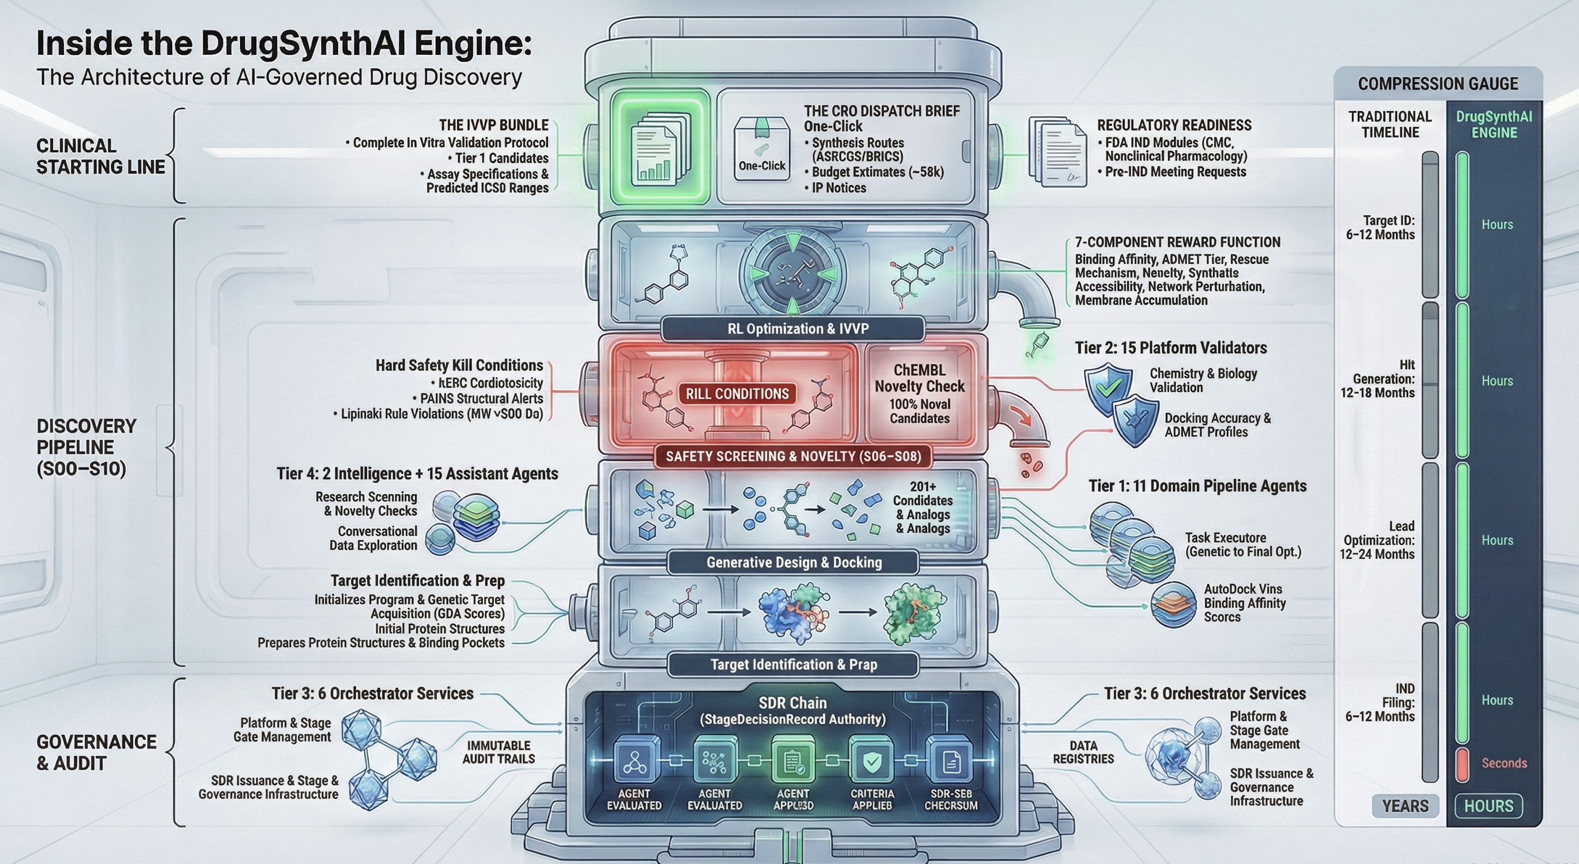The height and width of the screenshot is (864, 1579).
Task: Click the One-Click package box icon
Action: (x=761, y=149)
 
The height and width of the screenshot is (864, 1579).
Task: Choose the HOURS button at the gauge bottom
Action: (x=1488, y=806)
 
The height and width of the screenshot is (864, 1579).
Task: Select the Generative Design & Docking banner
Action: (x=794, y=562)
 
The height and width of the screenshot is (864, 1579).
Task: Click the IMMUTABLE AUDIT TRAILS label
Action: (x=498, y=752)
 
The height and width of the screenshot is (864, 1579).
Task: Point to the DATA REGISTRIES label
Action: (x=1083, y=752)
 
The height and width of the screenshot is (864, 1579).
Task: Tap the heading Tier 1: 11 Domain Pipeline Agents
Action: (x=1197, y=486)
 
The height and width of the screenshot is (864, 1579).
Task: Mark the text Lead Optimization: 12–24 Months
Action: (x=1379, y=540)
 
